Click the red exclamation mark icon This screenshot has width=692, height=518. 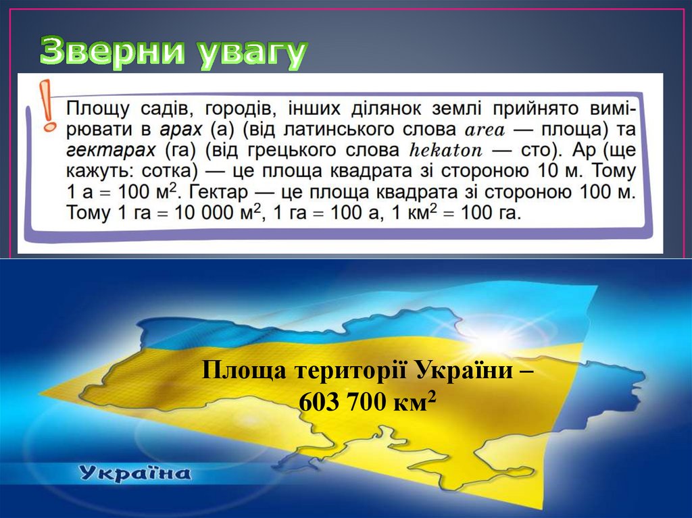[x=47, y=105]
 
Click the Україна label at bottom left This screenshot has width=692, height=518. [x=135, y=473]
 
